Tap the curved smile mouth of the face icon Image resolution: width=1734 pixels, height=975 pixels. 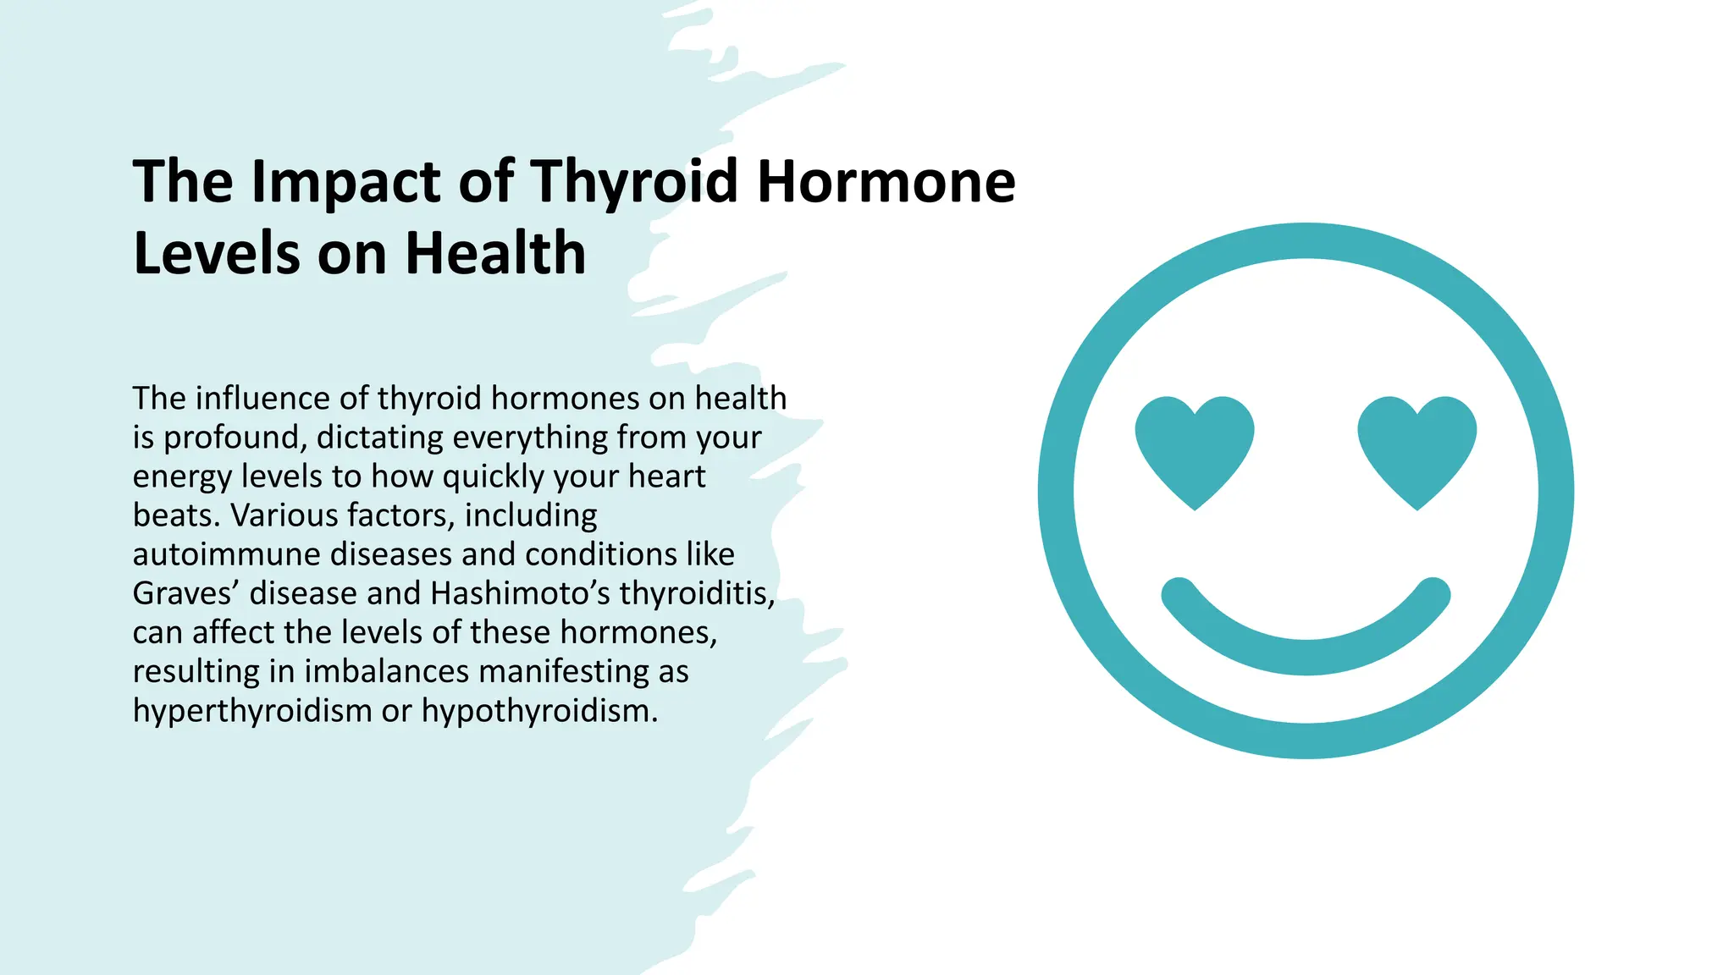1306,643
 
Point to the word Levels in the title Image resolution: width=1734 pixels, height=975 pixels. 217,253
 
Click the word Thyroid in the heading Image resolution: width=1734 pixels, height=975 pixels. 634,183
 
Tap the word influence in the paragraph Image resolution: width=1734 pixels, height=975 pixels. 262,398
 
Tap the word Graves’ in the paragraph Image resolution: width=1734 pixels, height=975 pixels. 186,593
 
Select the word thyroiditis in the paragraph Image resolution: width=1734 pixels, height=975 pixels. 696,593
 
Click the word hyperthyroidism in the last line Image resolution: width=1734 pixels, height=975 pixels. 252,711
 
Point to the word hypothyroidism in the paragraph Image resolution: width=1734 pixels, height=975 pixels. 538,711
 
